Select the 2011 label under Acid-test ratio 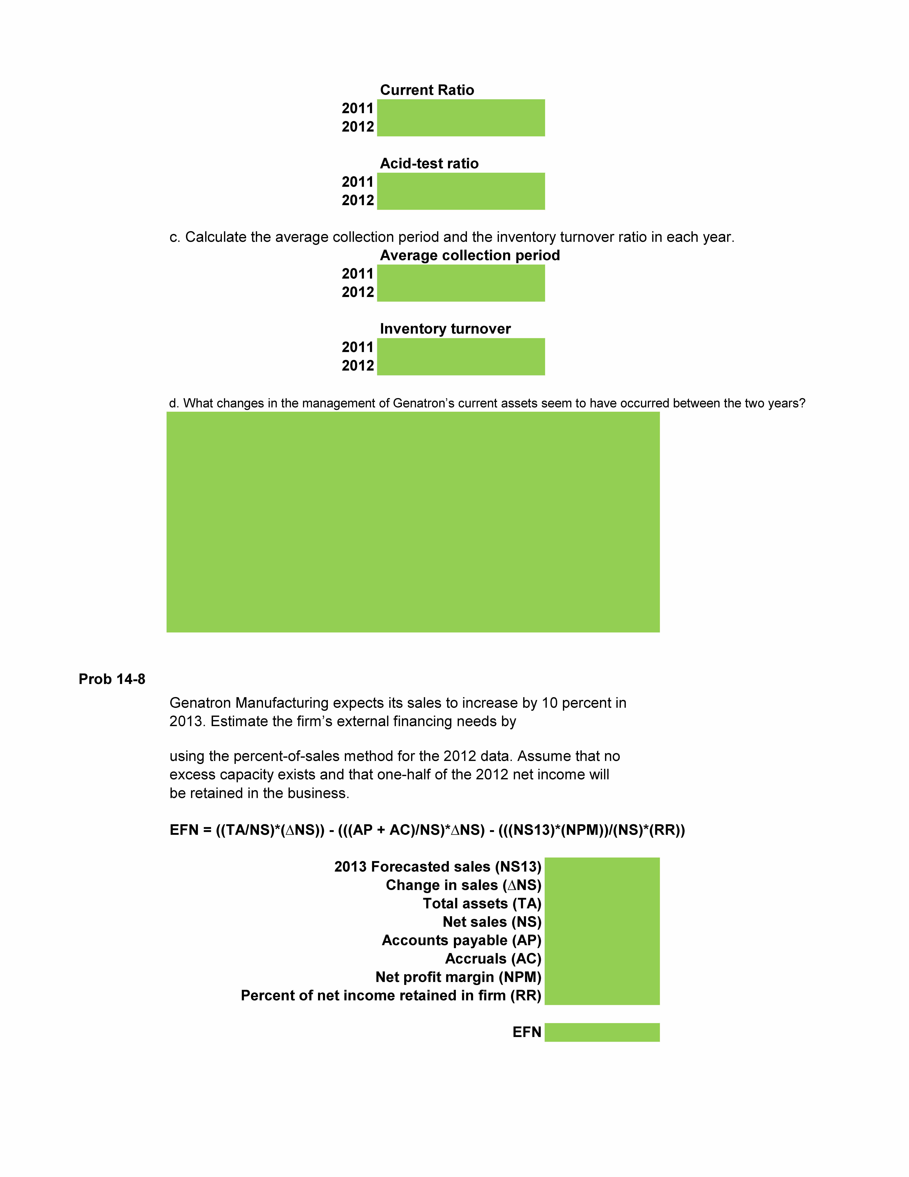click(x=358, y=182)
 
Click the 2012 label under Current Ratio click(x=358, y=127)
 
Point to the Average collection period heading click(x=470, y=255)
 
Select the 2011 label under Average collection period click(x=358, y=274)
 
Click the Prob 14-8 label click(x=112, y=679)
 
